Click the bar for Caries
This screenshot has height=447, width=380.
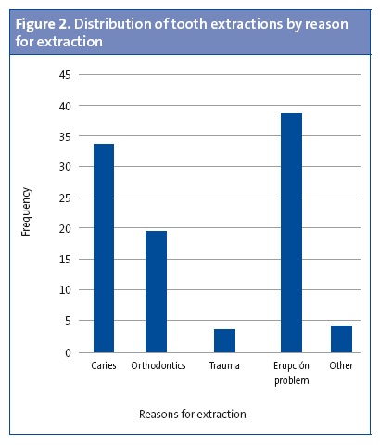click(103, 249)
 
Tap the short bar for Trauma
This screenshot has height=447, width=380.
click(224, 340)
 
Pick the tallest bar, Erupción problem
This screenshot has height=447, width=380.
click(291, 233)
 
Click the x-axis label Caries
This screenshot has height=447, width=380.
click(103, 366)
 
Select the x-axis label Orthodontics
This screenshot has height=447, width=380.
click(158, 366)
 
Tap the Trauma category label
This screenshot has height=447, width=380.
click(224, 366)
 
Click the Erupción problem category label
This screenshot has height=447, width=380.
click(291, 372)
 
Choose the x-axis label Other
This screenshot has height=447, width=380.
click(341, 366)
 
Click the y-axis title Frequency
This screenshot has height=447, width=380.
click(27, 212)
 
